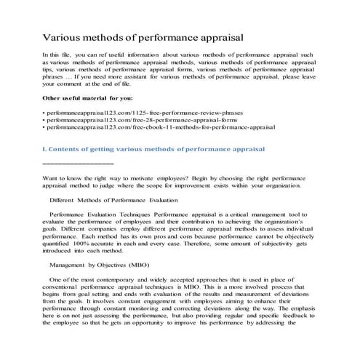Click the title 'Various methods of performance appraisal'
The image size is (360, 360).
point(143,36)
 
